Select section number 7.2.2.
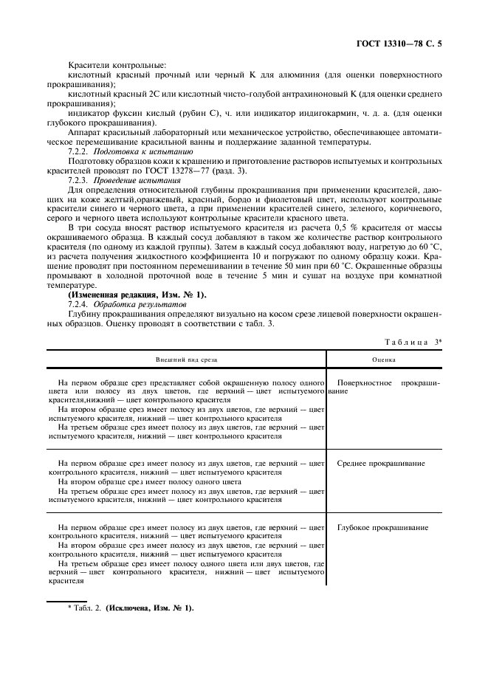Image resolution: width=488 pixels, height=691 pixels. point(78,151)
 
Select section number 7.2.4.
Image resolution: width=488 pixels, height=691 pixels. point(78,304)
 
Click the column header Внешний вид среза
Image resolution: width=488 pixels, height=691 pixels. point(186,359)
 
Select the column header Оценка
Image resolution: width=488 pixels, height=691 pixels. point(383,359)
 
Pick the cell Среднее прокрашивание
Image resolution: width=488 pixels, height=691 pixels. point(380,463)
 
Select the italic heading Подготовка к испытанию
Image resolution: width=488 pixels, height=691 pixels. point(142,151)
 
